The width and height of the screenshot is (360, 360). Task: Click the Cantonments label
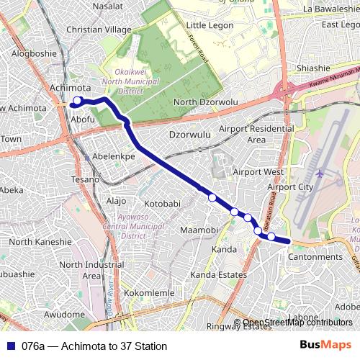click(315, 257)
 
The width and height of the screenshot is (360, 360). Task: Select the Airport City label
click(290, 187)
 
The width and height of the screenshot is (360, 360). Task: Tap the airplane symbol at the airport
click(320, 174)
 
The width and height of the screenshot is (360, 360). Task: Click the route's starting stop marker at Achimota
click(78, 101)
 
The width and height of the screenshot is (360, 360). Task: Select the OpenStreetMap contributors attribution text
click(297, 323)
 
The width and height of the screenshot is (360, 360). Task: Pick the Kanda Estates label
click(219, 275)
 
